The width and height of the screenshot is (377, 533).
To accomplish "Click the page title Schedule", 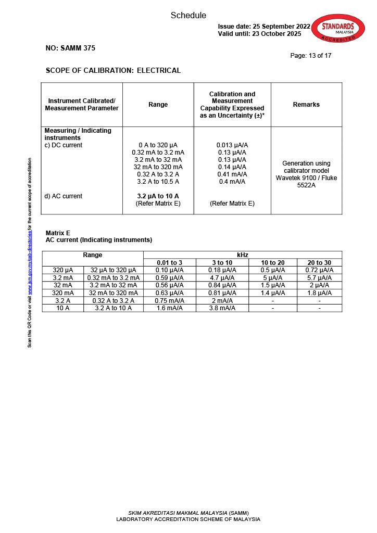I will (x=188, y=16).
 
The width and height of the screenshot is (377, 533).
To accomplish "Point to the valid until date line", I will (x=259, y=34).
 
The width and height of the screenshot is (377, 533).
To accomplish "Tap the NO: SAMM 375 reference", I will (x=70, y=48).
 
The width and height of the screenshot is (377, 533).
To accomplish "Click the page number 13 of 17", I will (x=310, y=56).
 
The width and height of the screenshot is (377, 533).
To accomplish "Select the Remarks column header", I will (x=306, y=105).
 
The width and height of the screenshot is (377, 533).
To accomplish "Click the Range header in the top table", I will (x=158, y=105).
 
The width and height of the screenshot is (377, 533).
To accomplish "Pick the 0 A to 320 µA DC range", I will (x=158, y=145).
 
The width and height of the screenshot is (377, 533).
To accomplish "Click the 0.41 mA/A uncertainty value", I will (x=232, y=174).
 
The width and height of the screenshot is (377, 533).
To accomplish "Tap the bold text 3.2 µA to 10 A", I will (x=158, y=196).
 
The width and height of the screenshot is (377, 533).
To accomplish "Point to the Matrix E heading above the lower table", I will (x=58, y=233).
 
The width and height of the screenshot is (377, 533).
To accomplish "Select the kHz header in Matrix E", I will (x=243, y=255).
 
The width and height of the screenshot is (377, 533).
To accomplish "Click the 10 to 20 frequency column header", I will (x=272, y=263).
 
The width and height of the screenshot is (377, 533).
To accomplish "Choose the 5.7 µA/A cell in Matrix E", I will (x=319, y=278).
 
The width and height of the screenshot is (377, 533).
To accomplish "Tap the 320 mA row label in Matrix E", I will (x=62, y=293).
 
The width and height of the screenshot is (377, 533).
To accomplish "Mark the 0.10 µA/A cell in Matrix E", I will (x=170, y=270).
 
